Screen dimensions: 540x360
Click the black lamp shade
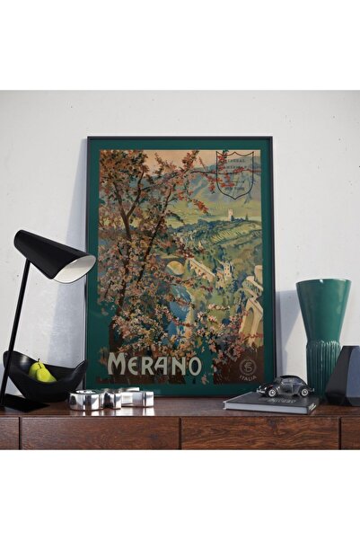point(53,254)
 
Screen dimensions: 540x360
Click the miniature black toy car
point(285,386)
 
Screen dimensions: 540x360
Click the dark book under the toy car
point(269,403)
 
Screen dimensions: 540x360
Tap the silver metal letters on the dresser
point(112,398)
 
